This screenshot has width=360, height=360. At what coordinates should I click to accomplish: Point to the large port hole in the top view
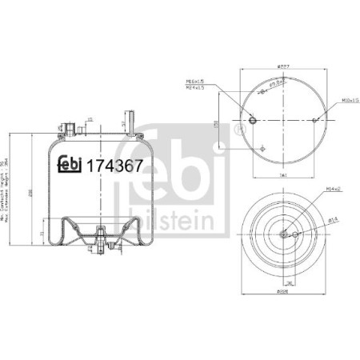253,121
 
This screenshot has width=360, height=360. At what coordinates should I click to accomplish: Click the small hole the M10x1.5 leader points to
314,121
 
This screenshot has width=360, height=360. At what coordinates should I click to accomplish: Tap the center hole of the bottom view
284,234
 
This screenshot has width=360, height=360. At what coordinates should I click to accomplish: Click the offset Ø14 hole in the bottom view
295,234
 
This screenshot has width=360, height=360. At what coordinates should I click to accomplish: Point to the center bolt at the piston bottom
99,237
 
